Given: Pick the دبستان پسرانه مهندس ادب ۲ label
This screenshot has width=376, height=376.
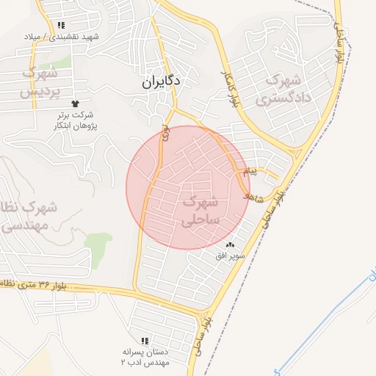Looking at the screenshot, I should (x=145, y=357).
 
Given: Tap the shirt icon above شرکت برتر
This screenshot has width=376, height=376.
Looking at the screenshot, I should (x=74, y=104).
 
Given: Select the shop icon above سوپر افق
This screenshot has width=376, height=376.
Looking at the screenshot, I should (x=231, y=245).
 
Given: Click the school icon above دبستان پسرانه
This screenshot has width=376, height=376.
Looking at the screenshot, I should (x=145, y=341).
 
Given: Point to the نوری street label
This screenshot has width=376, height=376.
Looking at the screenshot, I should (x=166, y=134).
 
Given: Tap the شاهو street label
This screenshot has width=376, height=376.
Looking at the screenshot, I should (x=253, y=194).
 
